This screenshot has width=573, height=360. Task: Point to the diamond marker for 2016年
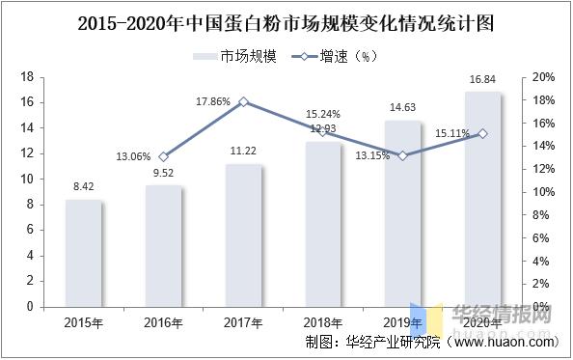pyautogui.click(x=164, y=156)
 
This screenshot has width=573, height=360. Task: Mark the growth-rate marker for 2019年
pyautogui.click(x=403, y=155)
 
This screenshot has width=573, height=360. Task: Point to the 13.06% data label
pyautogui.click(x=134, y=156)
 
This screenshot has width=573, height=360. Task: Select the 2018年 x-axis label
pyautogui.click(x=323, y=321)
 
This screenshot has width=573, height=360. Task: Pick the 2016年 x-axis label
pyautogui.click(x=164, y=321)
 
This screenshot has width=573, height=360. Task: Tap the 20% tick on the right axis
pyautogui.click(x=542, y=77)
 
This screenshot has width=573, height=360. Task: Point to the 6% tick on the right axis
pyautogui.click(x=539, y=238)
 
